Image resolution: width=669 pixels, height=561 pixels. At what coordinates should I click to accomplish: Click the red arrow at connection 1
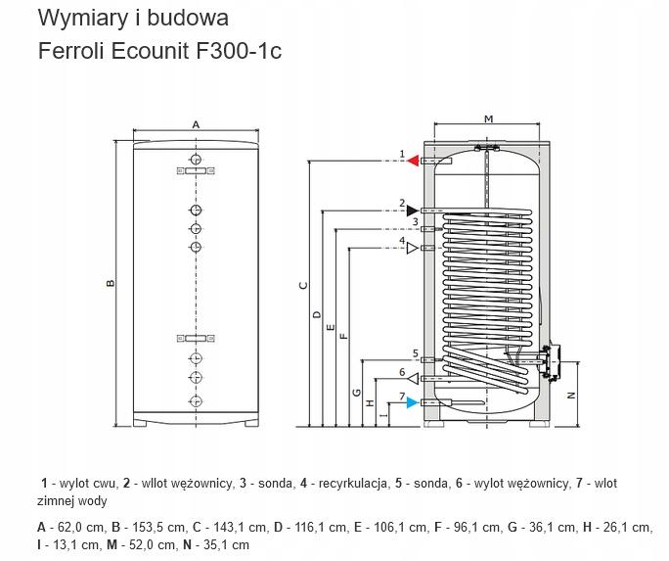(414, 160)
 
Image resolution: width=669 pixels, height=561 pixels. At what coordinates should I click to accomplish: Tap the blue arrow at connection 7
(414, 402)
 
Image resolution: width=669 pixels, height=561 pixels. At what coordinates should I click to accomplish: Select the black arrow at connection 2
(413, 210)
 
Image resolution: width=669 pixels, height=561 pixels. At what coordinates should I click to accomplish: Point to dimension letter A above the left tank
(196, 125)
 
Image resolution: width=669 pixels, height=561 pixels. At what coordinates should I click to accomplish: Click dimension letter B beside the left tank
(111, 284)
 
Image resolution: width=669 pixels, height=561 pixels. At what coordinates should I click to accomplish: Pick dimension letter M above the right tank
(488, 119)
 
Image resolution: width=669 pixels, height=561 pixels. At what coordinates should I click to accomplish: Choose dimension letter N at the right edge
(570, 395)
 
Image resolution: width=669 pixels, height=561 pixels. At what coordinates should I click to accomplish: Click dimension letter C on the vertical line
(303, 286)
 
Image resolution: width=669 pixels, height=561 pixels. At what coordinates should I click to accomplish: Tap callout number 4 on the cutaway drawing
(402, 240)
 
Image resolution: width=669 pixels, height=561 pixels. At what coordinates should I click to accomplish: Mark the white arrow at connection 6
(414, 379)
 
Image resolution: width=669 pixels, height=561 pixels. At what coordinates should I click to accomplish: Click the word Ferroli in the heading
(71, 50)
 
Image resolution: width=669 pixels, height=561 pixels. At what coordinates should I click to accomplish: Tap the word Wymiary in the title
(75, 18)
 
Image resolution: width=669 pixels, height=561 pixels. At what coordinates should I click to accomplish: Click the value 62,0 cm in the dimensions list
(71, 528)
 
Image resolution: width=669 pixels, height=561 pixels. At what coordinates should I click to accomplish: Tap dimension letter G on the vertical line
(358, 393)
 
